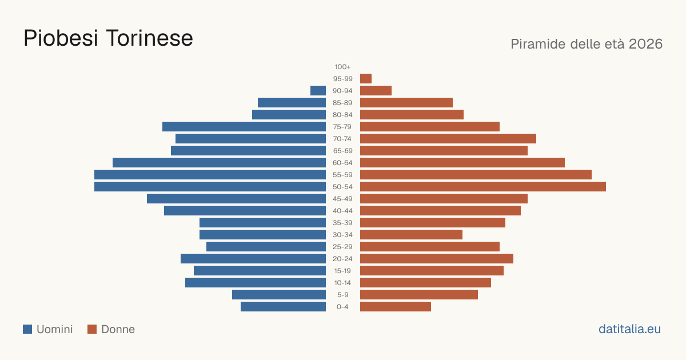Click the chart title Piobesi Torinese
(x=108, y=38)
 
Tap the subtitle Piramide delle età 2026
(x=587, y=44)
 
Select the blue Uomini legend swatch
(x=27, y=329)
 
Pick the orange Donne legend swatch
(x=92, y=329)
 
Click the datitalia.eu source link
(x=629, y=329)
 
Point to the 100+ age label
(x=342, y=67)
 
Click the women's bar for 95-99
(x=366, y=79)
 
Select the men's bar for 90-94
(x=318, y=91)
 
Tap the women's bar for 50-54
(x=483, y=187)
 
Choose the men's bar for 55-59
(x=210, y=175)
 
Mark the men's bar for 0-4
(x=284, y=307)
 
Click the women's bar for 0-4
(x=396, y=307)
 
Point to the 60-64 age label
(x=342, y=163)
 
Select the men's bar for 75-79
(x=244, y=127)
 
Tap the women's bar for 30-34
(x=411, y=235)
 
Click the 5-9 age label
(x=342, y=295)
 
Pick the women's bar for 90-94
(x=376, y=91)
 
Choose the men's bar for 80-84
(x=289, y=115)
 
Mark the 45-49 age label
(x=342, y=199)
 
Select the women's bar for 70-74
(x=448, y=139)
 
